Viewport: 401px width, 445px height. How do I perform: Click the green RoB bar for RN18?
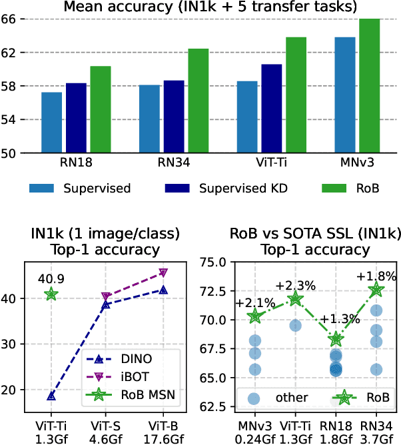pos(101,110)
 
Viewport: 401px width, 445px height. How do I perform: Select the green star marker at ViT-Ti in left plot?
pos(51,294)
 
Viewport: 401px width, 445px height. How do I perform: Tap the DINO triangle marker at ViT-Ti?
pos(51,396)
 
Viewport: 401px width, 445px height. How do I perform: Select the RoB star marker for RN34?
pos(376,289)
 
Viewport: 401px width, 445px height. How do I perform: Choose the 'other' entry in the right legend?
pos(280,398)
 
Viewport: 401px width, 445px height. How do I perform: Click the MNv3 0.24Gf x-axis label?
pos(254,431)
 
